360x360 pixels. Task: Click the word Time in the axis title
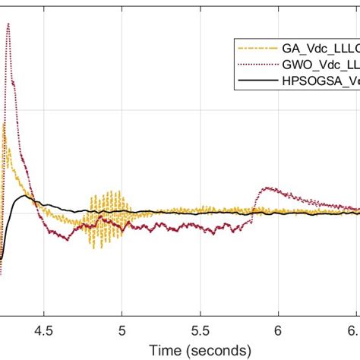(x=164, y=350)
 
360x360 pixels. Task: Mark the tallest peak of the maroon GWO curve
(x=8, y=24)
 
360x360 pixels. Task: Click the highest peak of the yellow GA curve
(x=5, y=125)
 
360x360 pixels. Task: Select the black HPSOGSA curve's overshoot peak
(x=27, y=196)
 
